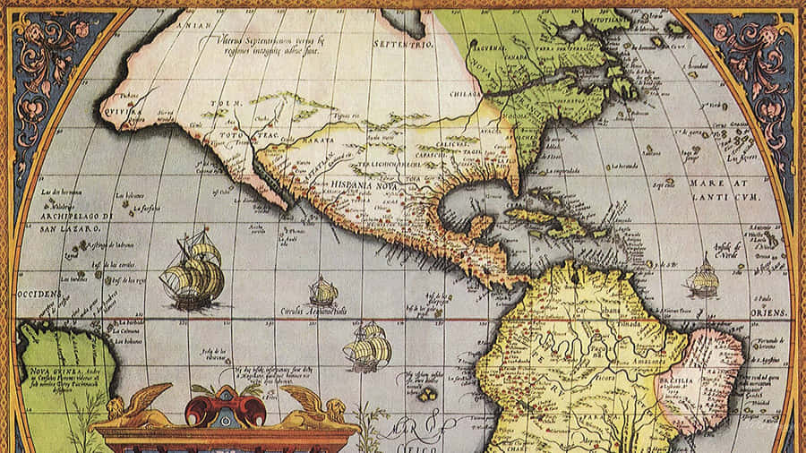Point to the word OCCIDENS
click(37, 294)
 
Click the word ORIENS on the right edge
click(773, 312)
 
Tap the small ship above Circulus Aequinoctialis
click(323, 291)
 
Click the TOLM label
click(220, 104)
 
